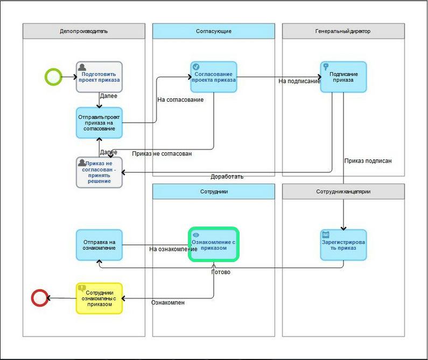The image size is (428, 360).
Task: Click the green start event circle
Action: point(53,77)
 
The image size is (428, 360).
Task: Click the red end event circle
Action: point(40,298)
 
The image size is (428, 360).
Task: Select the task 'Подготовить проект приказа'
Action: point(99,77)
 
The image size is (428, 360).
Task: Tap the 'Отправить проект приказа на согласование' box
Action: point(99,123)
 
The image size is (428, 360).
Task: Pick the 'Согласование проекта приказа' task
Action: point(214,77)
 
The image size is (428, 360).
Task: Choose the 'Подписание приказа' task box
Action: point(343,77)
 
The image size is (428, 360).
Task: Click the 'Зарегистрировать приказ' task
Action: point(343,245)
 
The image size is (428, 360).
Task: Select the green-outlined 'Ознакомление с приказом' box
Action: point(214,245)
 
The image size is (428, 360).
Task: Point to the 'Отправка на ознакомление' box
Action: point(99,245)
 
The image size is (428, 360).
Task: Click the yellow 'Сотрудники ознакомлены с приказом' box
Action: point(99,298)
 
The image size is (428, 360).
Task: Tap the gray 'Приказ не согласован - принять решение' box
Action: point(99,172)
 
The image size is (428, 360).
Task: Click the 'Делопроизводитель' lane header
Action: point(84,31)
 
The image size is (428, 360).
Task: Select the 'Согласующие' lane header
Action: point(214,31)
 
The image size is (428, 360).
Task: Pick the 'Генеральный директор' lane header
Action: point(343,31)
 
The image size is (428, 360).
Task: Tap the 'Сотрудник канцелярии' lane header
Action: point(343,192)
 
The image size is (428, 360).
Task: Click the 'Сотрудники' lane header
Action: point(214,192)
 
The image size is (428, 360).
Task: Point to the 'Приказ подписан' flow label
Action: point(368,160)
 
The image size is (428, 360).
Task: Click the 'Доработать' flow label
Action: point(227,177)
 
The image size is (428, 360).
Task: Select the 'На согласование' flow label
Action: point(180,100)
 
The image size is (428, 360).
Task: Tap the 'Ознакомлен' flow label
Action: point(168,302)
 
